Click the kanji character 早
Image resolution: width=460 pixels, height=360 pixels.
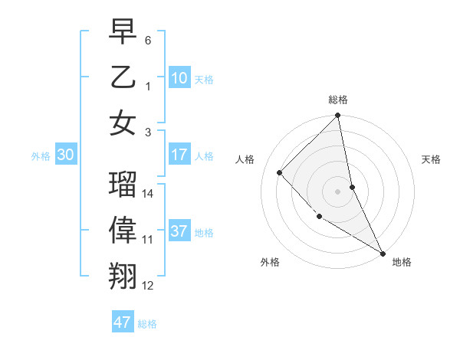click(123, 33)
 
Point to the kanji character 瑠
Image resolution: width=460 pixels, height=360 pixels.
click(123, 185)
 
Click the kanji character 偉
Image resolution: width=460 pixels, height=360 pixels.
click(123, 231)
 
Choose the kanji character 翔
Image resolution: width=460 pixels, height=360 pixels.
click(123, 276)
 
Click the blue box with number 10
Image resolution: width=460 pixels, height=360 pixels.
click(179, 77)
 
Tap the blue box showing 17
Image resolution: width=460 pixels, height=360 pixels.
click(179, 155)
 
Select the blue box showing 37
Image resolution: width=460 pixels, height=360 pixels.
click(179, 231)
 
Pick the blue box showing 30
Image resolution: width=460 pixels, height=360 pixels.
click(66, 155)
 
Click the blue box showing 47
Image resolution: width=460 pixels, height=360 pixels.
click(123, 322)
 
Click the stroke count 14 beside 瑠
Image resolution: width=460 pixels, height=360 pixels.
click(149, 194)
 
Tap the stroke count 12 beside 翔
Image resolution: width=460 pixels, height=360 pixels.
click(149, 286)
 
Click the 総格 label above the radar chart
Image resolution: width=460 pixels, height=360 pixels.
click(338, 100)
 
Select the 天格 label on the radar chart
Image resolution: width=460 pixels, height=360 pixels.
click(432, 159)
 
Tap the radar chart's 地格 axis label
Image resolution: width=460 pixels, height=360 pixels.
click(402, 262)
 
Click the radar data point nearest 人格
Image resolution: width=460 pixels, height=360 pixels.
click(280, 172)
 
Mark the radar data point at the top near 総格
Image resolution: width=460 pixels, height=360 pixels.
click(338, 116)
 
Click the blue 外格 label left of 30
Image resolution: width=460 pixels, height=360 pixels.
click(41, 155)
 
